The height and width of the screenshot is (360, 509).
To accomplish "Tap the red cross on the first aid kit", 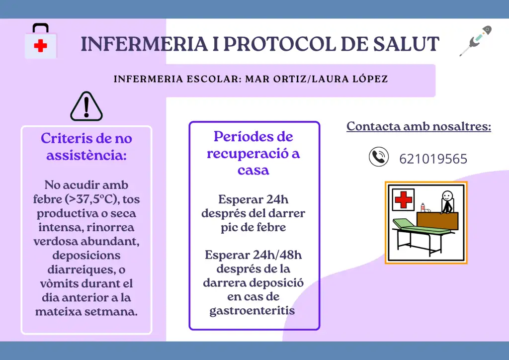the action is [x=41, y=46].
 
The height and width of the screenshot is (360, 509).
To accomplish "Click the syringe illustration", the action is [x=476, y=41].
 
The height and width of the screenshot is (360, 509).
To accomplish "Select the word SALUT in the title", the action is [x=406, y=44].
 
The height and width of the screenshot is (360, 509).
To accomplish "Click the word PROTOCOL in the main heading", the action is [x=279, y=44].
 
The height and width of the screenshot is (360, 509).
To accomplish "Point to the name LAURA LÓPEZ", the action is [x=350, y=79].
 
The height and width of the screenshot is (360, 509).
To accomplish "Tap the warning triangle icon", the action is [x=86, y=106].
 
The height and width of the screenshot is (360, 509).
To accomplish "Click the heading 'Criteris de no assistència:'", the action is [x=86, y=147].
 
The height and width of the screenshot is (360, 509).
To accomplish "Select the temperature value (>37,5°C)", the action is [x=91, y=199].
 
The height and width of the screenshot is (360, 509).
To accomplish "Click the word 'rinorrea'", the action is [x=110, y=227].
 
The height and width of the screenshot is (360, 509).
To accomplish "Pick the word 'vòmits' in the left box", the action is [x=61, y=283].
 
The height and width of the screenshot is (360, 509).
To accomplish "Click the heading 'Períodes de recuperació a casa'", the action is [x=253, y=153].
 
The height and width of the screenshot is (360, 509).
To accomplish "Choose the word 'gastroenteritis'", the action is [x=252, y=311].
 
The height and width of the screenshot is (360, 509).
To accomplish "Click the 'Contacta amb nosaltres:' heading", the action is [x=419, y=126].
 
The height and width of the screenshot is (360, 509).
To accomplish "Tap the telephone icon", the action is [x=378, y=157].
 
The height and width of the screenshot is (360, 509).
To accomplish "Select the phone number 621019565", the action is [x=433, y=159].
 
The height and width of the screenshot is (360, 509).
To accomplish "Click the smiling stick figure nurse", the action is [x=447, y=202].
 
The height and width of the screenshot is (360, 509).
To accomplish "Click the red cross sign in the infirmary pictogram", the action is [x=404, y=199].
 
